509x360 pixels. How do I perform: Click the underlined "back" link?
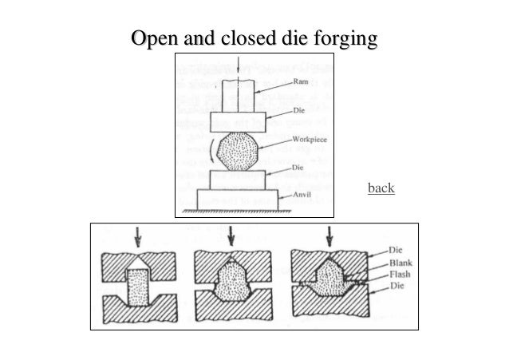[x=381, y=188]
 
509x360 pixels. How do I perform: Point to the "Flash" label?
[x=400, y=275]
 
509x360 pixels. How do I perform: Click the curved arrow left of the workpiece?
[x=211, y=151]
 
